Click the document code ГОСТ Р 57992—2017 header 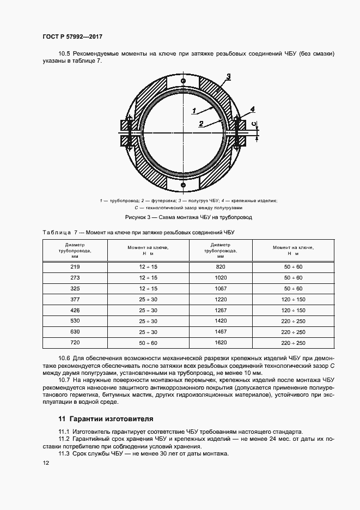pos(72,37)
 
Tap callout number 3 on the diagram pos(229,76)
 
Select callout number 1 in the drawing pos(193,110)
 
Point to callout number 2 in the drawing pos(201,124)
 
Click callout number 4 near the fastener pos(252,109)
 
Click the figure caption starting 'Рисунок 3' pos(188,217)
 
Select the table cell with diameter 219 pos(75,266)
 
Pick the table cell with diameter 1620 pos(220,343)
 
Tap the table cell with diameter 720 pos(75,343)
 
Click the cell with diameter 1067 pos(220,288)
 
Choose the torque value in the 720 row pos(148,343)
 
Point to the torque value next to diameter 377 pos(148,299)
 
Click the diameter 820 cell pos(220,266)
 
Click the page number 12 pos(46,463)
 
